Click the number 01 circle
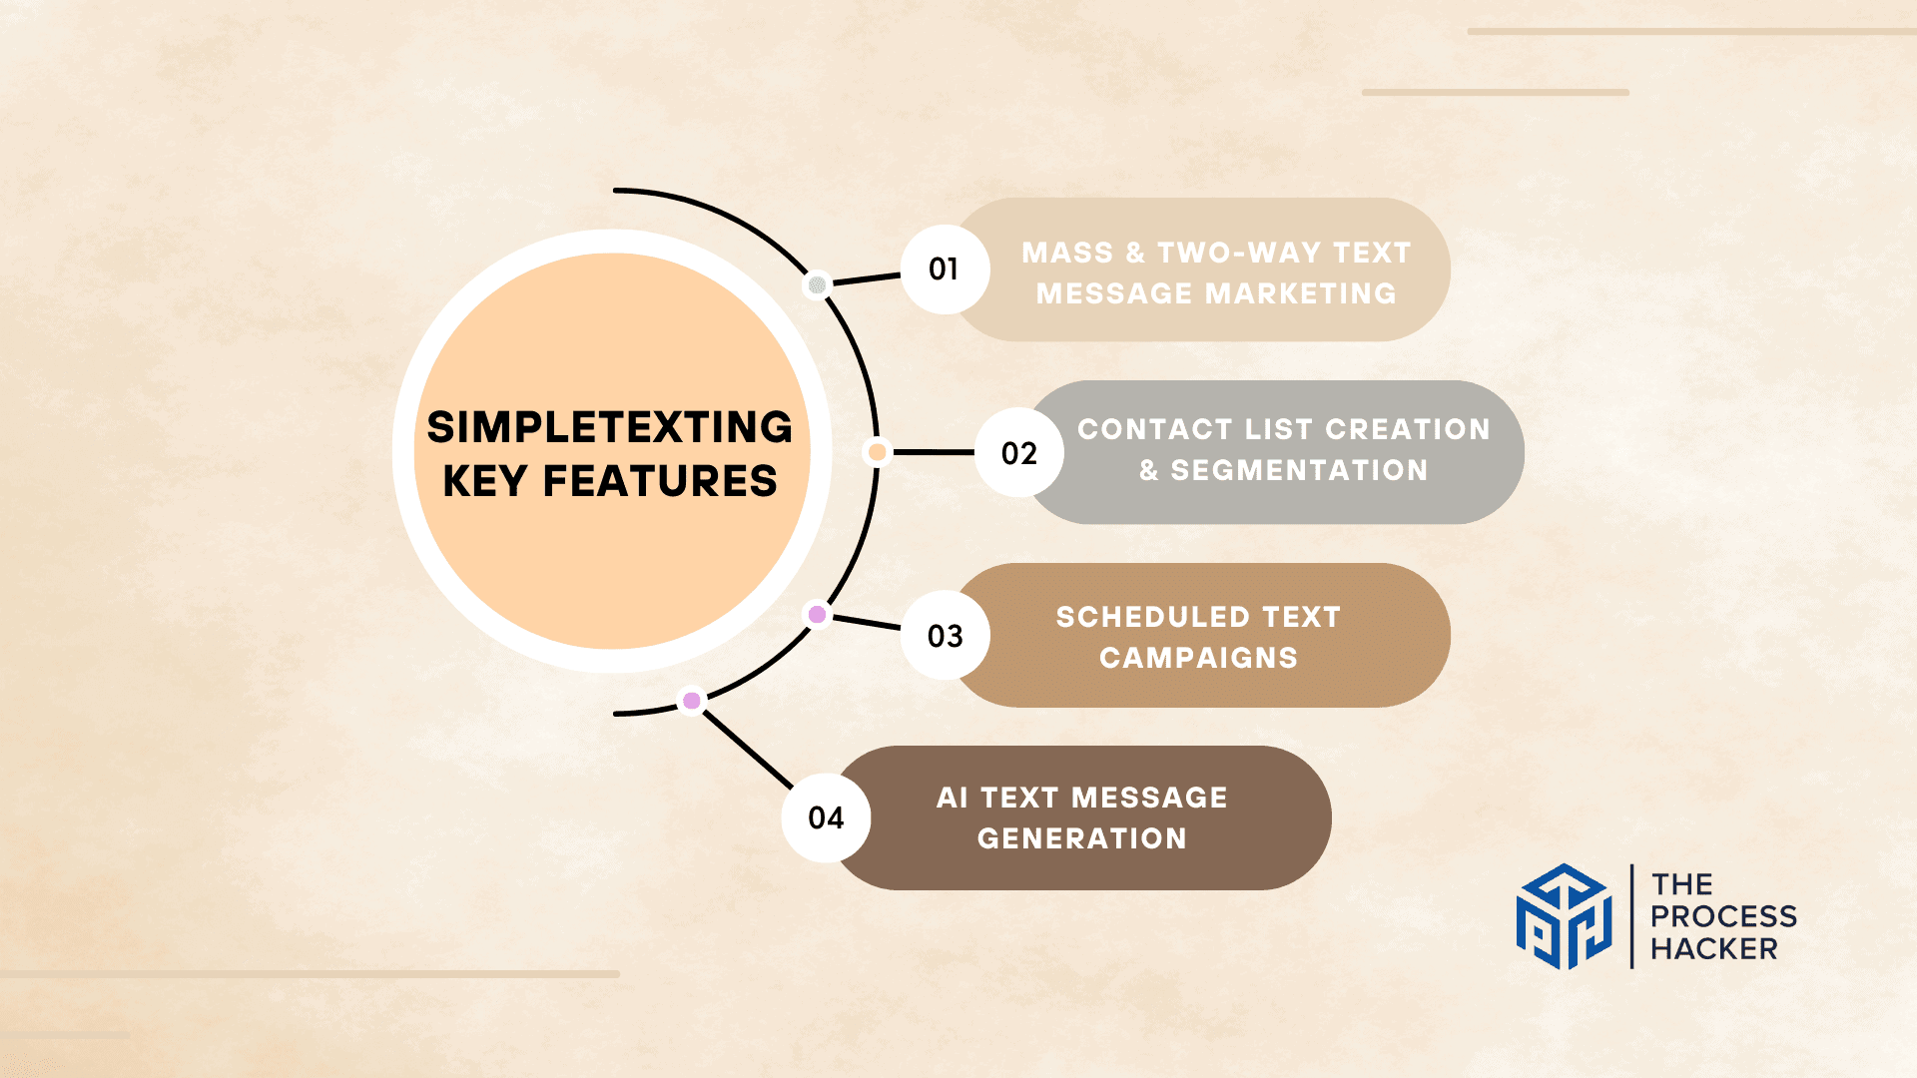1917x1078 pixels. pyautogui.click(x=945, y=269)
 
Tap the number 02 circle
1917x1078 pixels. pyautogui.click(x=1018, y=453)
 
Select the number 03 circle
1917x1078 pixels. pyautogui.click(x=945, y=636)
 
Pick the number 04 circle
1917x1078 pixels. pyautogui.click(x=826, y=818)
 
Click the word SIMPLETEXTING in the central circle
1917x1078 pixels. pyautogui.click(x=610, y=427)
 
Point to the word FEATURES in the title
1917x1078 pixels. pyautogui.click(x=660, y=481)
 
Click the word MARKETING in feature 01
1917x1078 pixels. pyautogui.click(x=1301, y=293)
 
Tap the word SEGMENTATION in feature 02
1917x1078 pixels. pyautogui.click(x=1299, y=470)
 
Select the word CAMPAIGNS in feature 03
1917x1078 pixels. pyautogui.click(x=1198, y=658)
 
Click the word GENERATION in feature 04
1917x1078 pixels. pyautogui.click(x=1082, y=838)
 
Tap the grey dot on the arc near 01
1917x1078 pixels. pyautogui.click(x=817, y=285)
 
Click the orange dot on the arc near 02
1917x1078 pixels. pyautogui.click(x=877, y=452)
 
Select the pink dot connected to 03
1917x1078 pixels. pyautogui.click(x=817, y=614)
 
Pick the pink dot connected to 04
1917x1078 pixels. pyautogui.click(x=691, y=701)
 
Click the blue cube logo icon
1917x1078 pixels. pyautogui.click(x=1565, y=916)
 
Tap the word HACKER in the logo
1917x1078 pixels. pyautogui.click(x=1713, y=948)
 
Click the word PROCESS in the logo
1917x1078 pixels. pyautogui.click(x=1723, y=916)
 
